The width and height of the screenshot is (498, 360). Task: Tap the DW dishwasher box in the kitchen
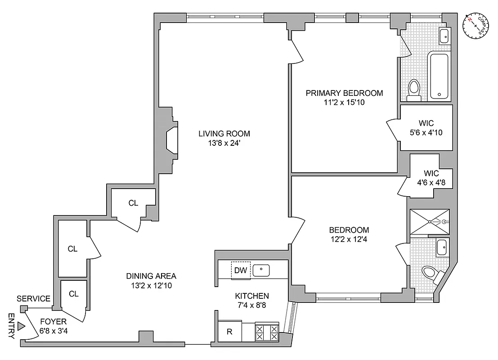click(240, 270)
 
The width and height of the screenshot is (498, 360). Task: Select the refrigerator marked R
click(229, 333)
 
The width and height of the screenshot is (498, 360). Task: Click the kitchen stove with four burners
click(267, 333)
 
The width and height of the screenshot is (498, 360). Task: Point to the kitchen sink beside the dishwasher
click(261, 270)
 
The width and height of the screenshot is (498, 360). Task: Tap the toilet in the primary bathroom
click(413, 90)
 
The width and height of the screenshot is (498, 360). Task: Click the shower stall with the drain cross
click(429, 222)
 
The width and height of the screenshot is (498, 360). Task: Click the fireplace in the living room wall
click(171, 140)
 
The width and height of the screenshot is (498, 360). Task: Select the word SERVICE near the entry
click(33, 299)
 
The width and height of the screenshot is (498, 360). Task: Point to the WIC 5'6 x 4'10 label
click(426, 133)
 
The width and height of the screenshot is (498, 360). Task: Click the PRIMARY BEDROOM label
click(344, 93)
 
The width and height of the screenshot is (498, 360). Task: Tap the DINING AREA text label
click(151, 276)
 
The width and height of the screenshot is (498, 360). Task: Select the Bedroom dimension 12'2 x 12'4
click(348, 239)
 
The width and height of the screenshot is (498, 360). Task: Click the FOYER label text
click(53, 322)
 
